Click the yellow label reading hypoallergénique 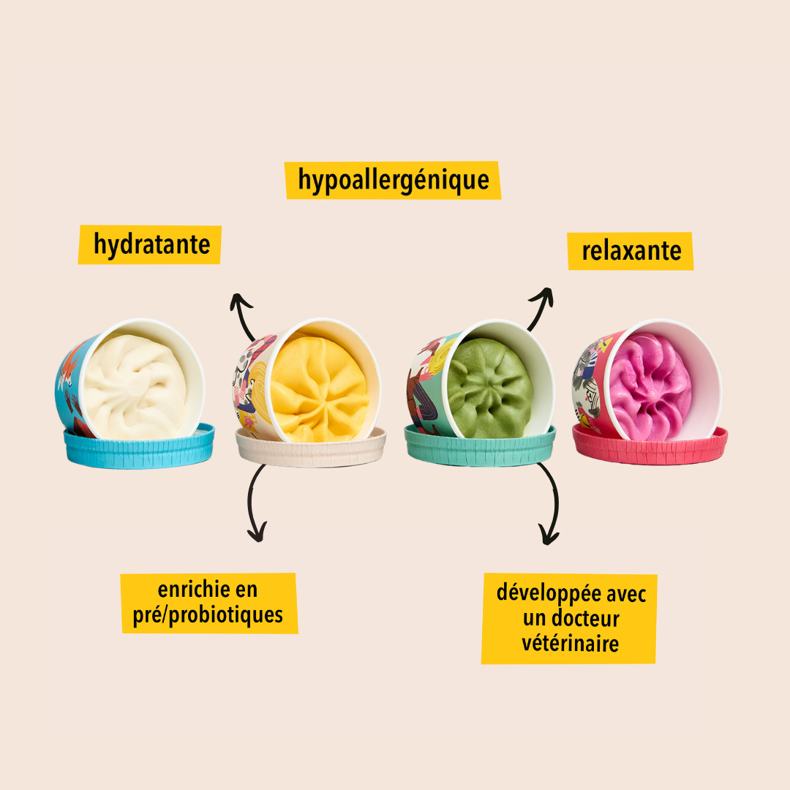coord(393,180)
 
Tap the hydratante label coord(151,244)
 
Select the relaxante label coord(631,251)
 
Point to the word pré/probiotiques coord(208,615)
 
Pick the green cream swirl coord(490,388)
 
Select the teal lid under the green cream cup coord(480,448)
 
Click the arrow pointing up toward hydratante coord(244,315)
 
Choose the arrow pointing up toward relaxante coord(539,306)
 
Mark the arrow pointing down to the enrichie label coord(255,505)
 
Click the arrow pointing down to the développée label coord(549,505)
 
